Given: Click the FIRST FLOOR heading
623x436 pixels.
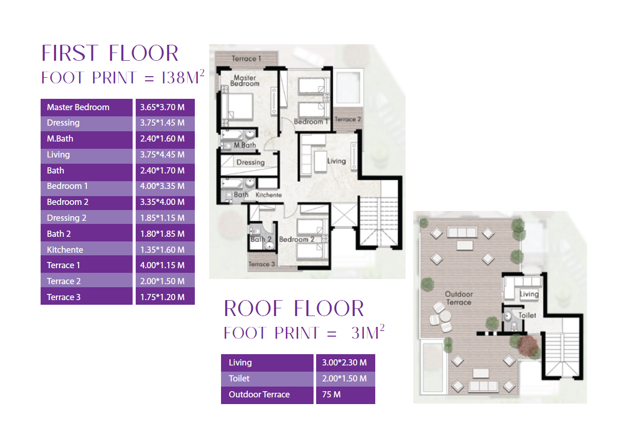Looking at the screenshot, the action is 110,53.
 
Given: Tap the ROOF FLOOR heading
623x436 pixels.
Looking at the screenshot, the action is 294,308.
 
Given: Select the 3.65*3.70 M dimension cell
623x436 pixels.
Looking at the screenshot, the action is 162,107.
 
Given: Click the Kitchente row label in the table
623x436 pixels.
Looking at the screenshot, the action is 65,250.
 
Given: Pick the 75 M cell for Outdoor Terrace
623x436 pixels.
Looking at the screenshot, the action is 331,394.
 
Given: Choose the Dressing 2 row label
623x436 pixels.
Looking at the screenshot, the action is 66,218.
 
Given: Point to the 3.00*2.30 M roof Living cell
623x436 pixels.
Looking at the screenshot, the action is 344,362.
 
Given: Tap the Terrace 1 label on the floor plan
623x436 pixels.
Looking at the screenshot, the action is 246,59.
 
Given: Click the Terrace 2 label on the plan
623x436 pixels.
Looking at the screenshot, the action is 347,119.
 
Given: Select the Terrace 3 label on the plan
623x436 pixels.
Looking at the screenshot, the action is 262,264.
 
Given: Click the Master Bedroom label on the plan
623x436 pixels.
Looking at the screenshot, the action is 245,80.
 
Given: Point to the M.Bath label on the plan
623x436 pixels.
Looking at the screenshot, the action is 245,145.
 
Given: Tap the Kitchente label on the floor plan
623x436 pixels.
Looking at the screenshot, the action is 269,195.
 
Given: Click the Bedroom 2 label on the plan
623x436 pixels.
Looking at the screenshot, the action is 297,239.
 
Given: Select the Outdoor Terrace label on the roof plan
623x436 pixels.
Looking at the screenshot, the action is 459,298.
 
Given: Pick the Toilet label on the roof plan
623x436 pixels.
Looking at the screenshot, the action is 527,316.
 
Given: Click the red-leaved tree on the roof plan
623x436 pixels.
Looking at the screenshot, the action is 528,345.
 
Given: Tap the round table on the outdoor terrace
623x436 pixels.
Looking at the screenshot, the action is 445,317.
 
